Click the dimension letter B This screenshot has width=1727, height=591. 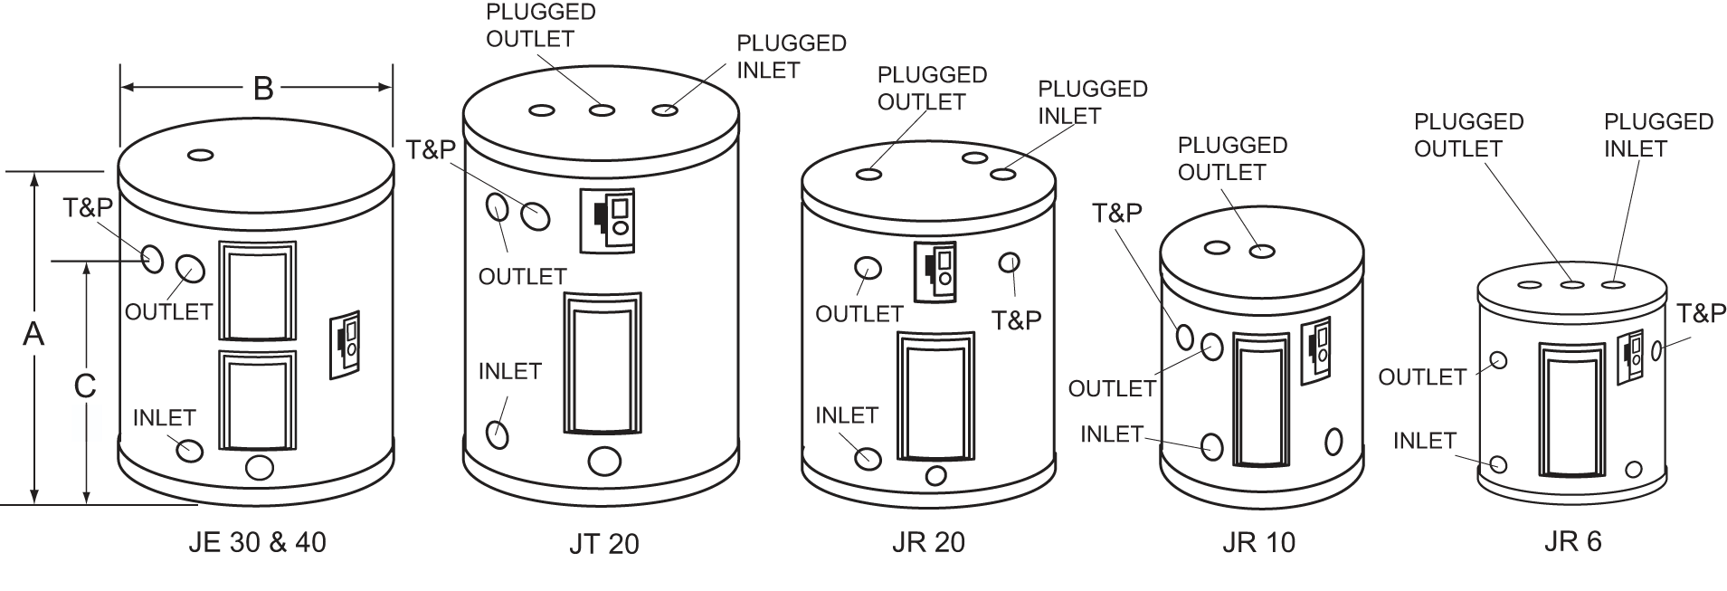[262, 88]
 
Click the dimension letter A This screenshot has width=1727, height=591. [33, 334]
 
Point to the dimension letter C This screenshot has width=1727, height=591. [85, 386]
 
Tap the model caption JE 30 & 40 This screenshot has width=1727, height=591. [258, 542]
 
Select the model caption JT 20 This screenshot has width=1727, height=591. [604, 544]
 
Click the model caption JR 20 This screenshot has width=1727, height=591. [928, 542]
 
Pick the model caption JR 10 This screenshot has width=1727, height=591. [1258, 542]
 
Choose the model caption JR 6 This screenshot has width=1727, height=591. [1572, 540]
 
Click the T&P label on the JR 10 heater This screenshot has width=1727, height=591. [1116, 213]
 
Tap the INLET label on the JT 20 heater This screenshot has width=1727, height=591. [509, 371]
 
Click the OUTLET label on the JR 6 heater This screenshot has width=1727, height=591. [1422, 377]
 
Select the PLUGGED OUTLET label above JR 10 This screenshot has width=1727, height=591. [1232, 158]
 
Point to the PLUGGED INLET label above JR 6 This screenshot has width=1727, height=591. [1658, 135]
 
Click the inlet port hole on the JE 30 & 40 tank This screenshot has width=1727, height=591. [190, 449]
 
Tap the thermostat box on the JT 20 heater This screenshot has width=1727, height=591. [606, 221]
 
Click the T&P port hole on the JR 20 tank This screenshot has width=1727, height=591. [1009, 262]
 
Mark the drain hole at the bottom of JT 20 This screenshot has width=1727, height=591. [604, 462]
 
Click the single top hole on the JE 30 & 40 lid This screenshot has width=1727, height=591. [201, 156]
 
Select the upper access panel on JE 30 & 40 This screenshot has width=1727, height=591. [257, 291]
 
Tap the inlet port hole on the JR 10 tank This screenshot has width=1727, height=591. [1211, 446]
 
